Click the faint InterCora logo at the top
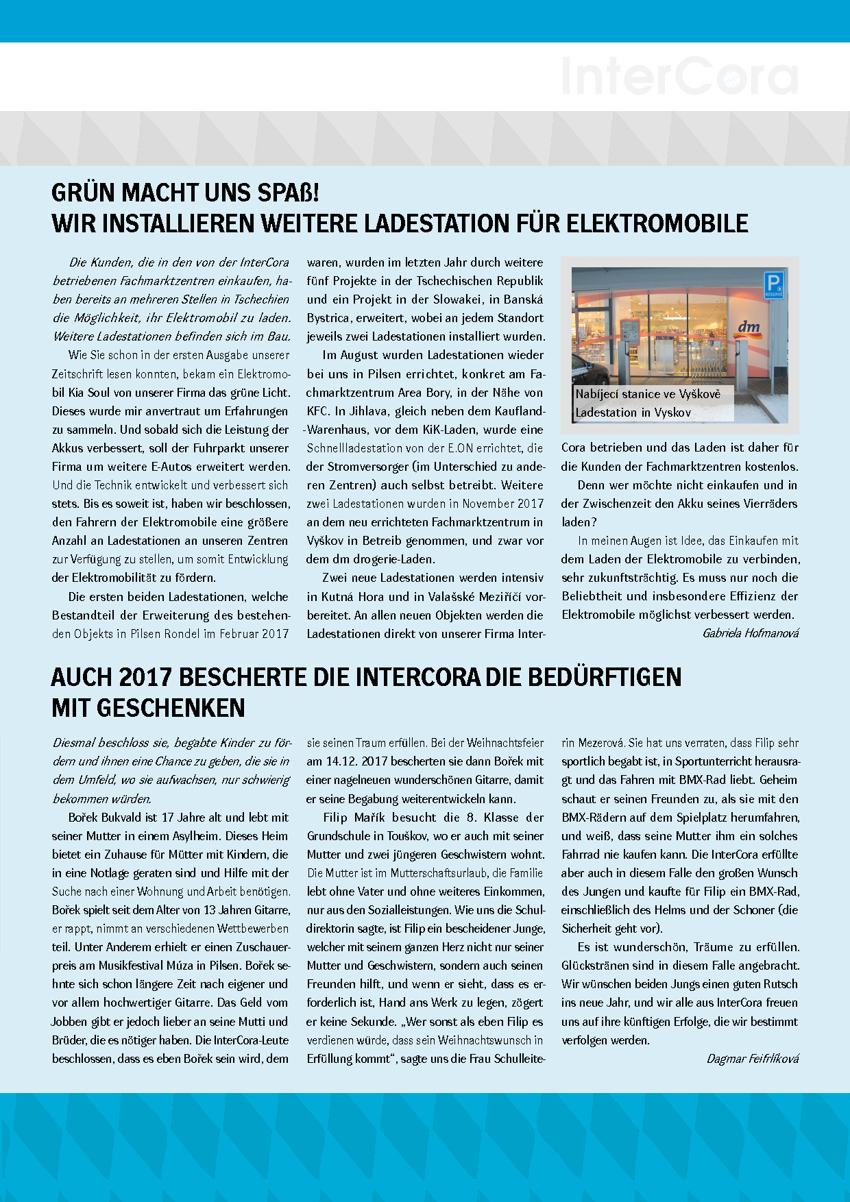pyautogui.click(x=679, y=77)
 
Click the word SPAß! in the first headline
pyautogui.click(x=288, y=193)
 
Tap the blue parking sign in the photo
pyautogui.click(x=773, y=284)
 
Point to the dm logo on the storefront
pyautogui.click(x=749, y=327)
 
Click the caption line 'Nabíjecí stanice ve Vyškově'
pyautogui.click(x=648, y=394)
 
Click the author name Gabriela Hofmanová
pyautogui.click(x=751, y=633)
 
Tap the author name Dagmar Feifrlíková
pyautogui.click(x=753, y=1059)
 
